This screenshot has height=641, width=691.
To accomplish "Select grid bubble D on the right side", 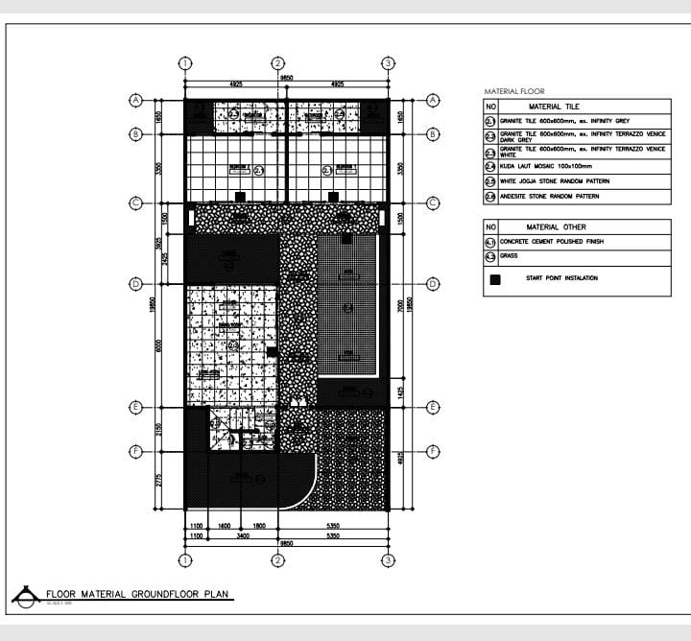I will tap(433, 284).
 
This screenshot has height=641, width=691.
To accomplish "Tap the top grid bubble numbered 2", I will tap(276, 63).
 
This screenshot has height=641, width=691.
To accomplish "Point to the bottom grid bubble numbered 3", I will tap(388, 560).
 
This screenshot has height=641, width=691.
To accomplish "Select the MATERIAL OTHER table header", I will tap(557, 227).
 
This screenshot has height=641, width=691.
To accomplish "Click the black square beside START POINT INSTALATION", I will tap(495, 279).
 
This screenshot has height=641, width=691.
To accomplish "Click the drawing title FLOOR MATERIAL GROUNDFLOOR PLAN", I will tap(138, 595).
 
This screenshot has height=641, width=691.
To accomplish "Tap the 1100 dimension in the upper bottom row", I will tap(195, 527).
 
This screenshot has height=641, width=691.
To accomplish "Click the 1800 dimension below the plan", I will tap(259, 527).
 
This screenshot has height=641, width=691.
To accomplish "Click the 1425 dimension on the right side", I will tap(400, 392).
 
